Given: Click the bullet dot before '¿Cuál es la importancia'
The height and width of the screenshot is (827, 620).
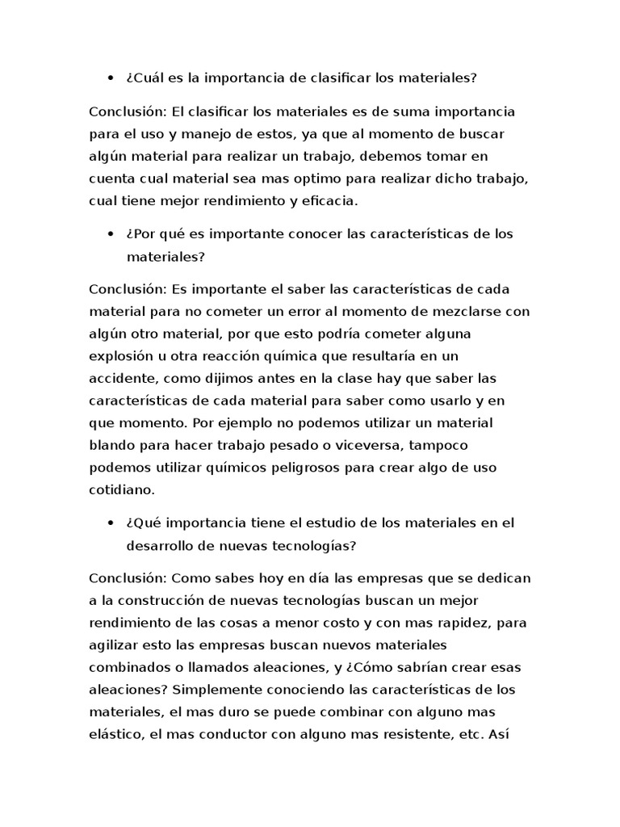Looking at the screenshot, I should tap(110, 78).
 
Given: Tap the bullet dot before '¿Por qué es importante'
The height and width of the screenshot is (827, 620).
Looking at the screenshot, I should tap(110, 234).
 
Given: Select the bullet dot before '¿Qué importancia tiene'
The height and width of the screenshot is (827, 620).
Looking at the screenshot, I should tap(110, 523).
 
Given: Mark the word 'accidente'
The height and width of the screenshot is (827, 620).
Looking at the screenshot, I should tap(122, 379).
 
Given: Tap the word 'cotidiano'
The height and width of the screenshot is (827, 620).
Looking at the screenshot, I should tap(121, 490).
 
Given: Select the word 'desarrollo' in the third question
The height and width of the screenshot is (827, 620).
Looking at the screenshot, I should tap(160, 545).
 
